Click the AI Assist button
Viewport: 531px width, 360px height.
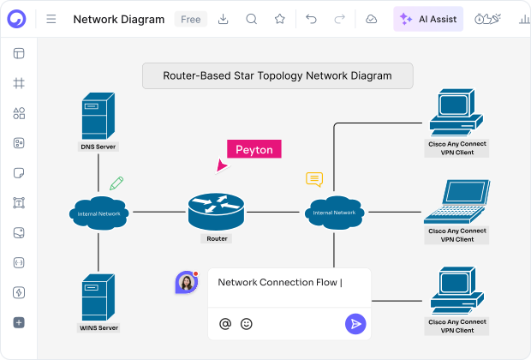(428, 19)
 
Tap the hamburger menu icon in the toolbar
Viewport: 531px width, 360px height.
(51, 19)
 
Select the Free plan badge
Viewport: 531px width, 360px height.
(189, 19)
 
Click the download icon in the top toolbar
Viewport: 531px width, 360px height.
(223, 19)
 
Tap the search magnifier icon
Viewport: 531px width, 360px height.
(251, 19)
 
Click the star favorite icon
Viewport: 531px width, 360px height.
(279, 19)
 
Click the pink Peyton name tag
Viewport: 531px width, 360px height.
(254, 149)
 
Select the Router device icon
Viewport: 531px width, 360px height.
(216, 210)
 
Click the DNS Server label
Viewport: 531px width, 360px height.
(98, 147)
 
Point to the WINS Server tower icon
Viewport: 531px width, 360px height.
(97, 297)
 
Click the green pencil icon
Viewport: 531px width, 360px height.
(116, 183)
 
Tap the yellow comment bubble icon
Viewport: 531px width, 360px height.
(314, 179)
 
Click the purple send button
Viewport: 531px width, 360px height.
(355, 323)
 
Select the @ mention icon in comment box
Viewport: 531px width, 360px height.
(225, 324)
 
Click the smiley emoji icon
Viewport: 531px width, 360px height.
(247, 324)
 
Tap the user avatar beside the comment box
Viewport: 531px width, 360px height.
(187, 282)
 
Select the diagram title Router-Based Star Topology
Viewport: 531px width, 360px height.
(277, 75)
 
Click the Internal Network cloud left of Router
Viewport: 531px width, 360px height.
(98, 212)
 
